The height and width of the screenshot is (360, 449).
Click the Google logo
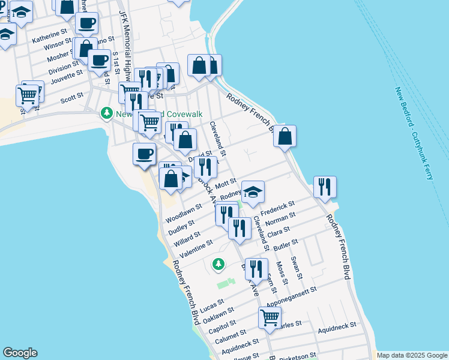point(20,353)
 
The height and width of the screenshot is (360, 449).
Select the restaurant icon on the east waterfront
point(325,187)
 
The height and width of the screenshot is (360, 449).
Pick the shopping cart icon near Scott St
point(28,95)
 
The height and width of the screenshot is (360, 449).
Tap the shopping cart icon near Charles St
point(270,317)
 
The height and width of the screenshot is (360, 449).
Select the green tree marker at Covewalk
point(107,113)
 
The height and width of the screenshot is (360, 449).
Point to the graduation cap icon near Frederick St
point(253,192)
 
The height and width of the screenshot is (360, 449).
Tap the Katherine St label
point(50,37)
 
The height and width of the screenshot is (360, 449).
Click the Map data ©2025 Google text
point(411,355)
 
